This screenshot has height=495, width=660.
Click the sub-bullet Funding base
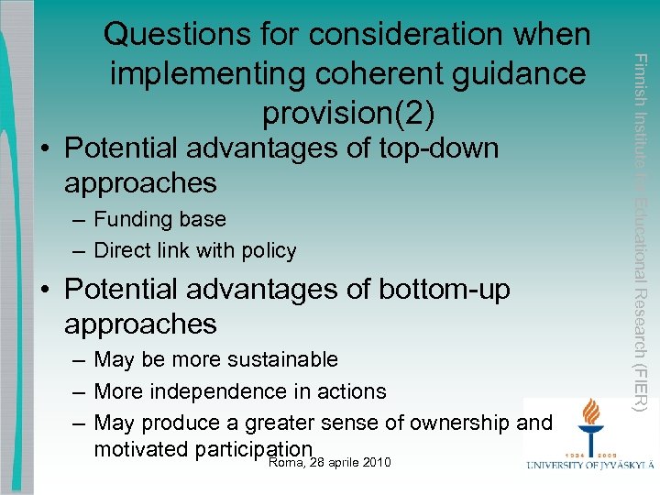coord(159,219)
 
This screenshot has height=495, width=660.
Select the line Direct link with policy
coord(195,250)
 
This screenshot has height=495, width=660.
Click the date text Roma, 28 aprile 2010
coord(330,462)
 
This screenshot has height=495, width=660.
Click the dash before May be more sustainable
coord(80,359)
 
